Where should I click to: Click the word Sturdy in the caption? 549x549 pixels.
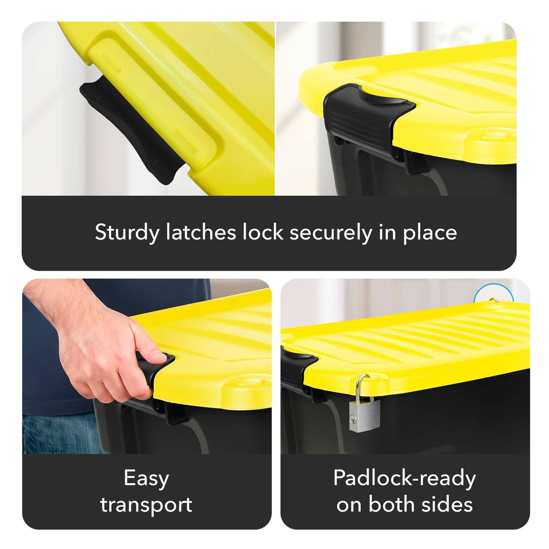pos(127,233)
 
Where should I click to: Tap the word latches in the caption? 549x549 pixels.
pos(201,232)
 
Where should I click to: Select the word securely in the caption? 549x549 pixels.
pos(330,233)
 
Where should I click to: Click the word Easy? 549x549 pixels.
pos(146,478)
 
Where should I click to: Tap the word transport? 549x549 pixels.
pos(146,505)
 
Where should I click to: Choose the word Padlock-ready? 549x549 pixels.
pos(405,478)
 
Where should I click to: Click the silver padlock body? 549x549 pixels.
pos(364,416)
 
